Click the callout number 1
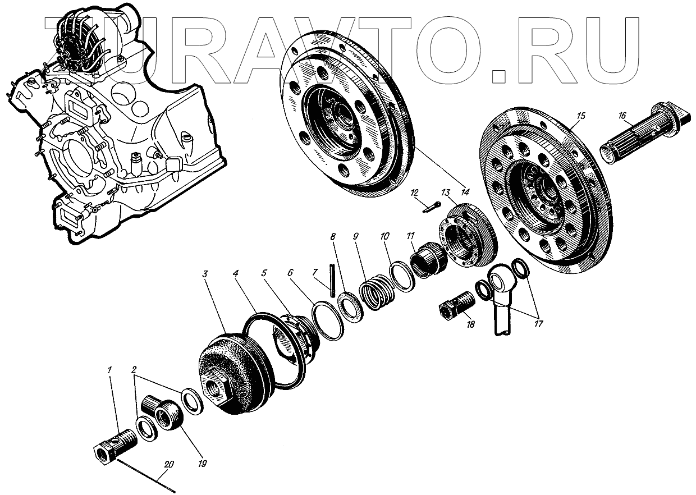[111, 370]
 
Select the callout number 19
[202, 464]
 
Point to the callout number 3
[206, 274]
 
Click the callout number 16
[622, 116]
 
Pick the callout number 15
[580, 116]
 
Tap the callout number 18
[470, 324]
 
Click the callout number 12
[415, 192]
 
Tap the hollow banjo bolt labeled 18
[456, 306]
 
